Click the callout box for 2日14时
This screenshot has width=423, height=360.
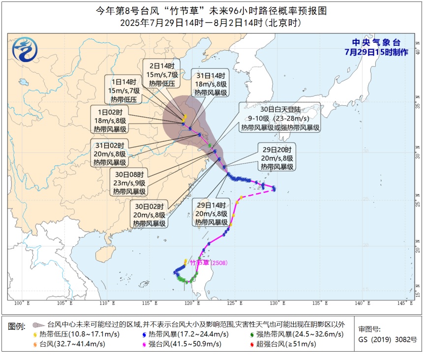[x=161, y=74]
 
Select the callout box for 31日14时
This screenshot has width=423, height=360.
[x=210, y=84]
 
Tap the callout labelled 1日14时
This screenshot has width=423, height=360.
[x=123, y=90]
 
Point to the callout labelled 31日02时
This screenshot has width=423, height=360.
[x=110, y=153]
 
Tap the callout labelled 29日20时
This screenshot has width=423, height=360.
[x=277, y=158]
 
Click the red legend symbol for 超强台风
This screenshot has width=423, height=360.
[x=252, y=344]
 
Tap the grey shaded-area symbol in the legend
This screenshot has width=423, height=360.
[x=36, y=325]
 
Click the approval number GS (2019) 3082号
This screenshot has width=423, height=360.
[x=388, y=339]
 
